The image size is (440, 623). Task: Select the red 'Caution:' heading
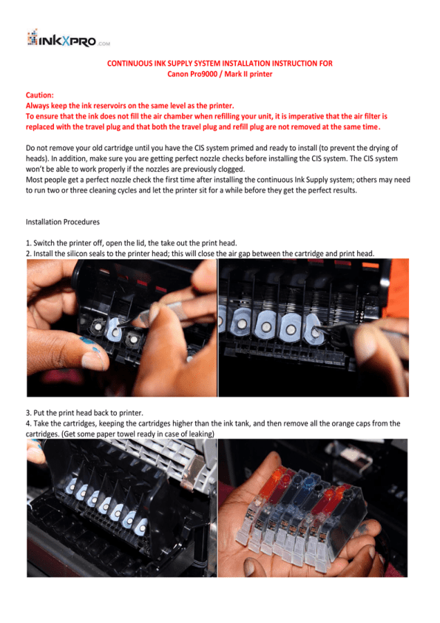click(x=40, y=95)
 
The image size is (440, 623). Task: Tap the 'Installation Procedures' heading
click(x=63, y=221)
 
